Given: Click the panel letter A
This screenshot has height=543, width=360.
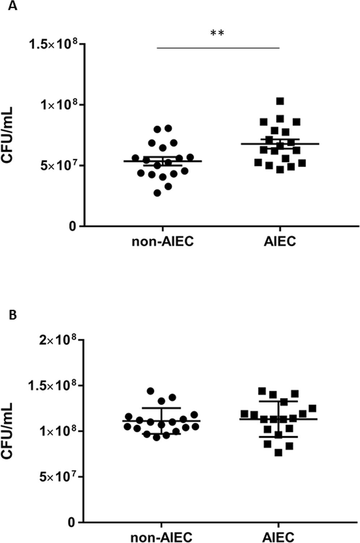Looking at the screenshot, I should click(x=13, y=6).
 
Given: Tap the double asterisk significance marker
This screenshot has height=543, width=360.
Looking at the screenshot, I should click(x=217, y=34).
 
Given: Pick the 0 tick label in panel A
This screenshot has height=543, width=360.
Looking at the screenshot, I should click(x=73, y=226).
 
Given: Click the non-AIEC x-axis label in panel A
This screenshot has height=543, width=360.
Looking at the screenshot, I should click(x=162, y=241).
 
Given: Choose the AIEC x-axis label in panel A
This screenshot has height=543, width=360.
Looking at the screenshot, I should click(x=279, y=241).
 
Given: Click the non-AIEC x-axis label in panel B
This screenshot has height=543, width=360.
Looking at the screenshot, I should click(x=162, y=537).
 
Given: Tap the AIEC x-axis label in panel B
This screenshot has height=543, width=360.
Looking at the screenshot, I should click(x=279, y=537).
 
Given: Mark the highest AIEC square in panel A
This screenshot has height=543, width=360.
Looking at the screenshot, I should click(x=280, y=101).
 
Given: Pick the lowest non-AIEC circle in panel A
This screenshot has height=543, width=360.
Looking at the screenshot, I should click(x=157, y=193).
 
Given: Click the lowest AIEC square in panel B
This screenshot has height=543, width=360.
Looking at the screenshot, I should click(x=278, y=452).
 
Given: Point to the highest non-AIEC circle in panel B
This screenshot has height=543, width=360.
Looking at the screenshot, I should click(x=150, y=391).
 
